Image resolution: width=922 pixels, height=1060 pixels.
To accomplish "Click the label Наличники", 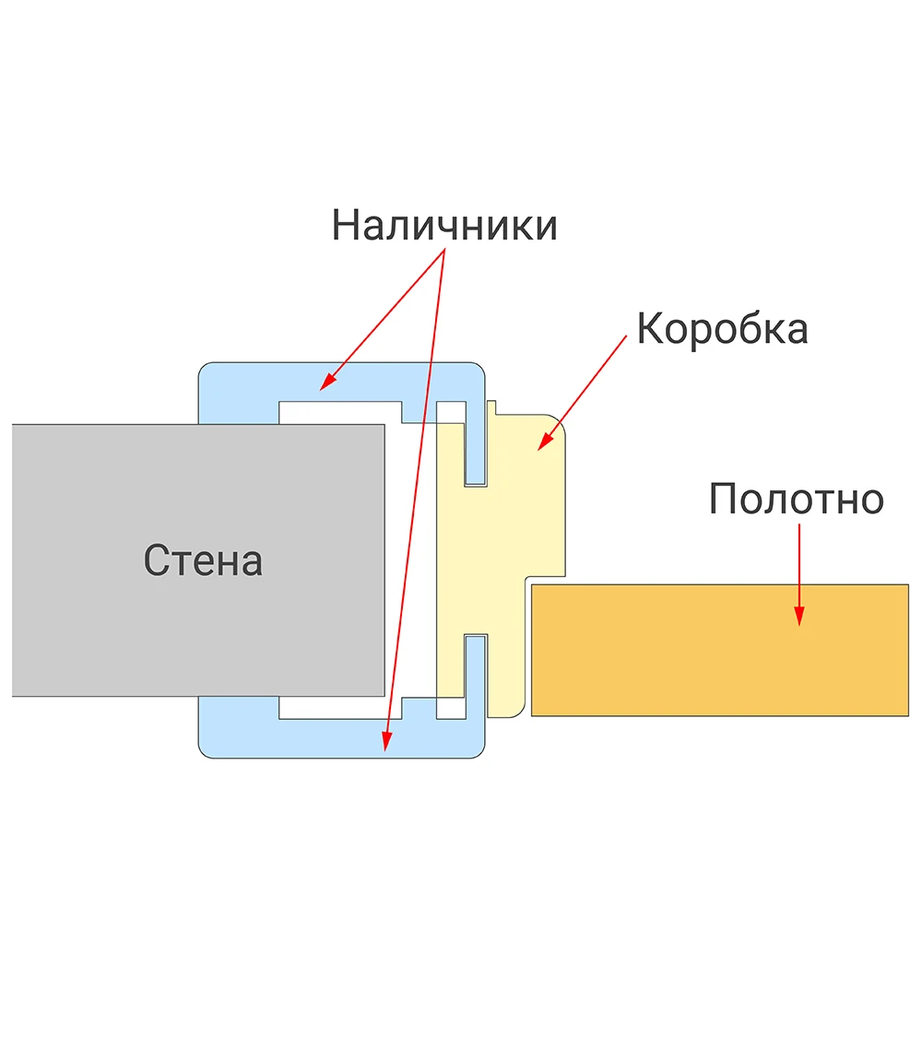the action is coord(444,225).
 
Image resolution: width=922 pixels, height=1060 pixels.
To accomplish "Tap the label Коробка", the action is coord(723,329).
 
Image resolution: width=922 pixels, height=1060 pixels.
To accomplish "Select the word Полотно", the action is coord(797,500).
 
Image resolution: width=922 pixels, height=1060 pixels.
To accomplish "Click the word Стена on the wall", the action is coord(203,560).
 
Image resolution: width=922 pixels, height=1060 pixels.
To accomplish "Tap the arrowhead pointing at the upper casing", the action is coord(326,382).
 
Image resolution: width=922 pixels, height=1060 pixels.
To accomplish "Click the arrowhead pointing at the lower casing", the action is coord(386,742).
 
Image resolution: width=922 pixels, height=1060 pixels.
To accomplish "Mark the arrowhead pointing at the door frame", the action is coord(545,442).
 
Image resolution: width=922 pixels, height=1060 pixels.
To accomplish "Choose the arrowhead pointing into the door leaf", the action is coord(798,616).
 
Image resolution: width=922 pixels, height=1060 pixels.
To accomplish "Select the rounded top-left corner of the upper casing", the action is coord(204,369).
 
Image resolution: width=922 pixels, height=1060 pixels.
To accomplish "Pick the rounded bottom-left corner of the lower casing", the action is coord(204,752).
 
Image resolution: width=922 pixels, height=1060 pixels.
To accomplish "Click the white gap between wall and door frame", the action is coord(410,561).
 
